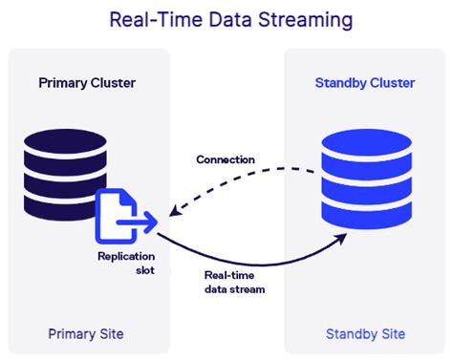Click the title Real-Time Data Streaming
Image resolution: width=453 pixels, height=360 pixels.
pos(226,19)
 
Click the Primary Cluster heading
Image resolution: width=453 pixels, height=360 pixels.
pos(87,83)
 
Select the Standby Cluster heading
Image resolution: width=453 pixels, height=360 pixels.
pos(365,83)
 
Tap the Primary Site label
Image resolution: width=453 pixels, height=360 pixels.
pos(86,333)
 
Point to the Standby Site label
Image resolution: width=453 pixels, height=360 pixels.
pos(365,333)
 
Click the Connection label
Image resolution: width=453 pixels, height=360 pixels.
pos(226,159)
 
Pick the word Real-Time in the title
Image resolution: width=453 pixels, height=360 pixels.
pos(146,19)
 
